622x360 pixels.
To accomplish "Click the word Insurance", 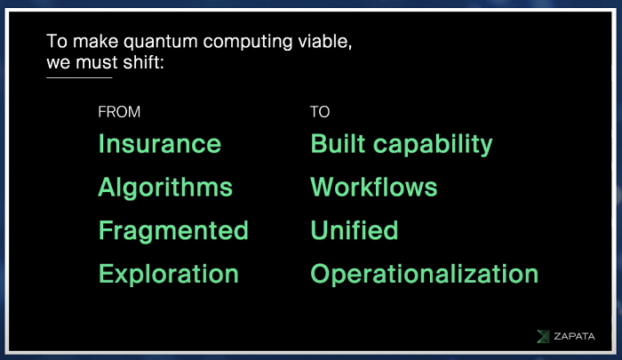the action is point(159,144).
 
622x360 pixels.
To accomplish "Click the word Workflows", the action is point(374,187).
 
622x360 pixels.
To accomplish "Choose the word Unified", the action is point(355,230).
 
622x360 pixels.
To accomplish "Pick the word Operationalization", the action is point(425,275).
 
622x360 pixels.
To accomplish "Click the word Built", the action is point(338,144).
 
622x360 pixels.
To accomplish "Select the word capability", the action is point(433,145).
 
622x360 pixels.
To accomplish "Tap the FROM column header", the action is point(119,112).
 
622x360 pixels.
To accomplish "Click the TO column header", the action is point(320,112).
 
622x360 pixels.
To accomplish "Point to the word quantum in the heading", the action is point(161,43).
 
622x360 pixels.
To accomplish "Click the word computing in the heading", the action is point(248,43).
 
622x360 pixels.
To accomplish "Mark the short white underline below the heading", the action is point(79,78).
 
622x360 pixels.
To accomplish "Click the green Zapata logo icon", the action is point(543,336).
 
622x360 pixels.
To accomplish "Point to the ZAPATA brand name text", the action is point(574,337).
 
